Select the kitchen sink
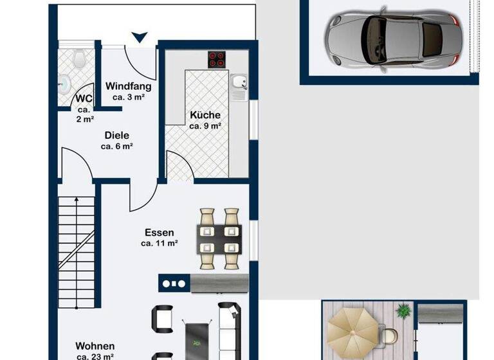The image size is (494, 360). click(239, 84)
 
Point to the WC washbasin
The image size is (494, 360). click(65, 82)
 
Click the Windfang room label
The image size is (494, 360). click(128, 86)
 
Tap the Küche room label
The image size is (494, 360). click(205, 115)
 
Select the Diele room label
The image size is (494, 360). click(117, 135)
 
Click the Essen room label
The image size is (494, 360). click(159, 232)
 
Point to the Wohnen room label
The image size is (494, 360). click(95, 346)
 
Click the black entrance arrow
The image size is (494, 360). click(140, 37)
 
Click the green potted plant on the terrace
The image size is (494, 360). click(403, 310)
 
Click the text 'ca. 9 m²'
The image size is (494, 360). click(205, 126)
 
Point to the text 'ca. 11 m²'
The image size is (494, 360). click(159, 244)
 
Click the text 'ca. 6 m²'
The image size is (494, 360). click(117, 146)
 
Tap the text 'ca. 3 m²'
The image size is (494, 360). click(128, 97)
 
